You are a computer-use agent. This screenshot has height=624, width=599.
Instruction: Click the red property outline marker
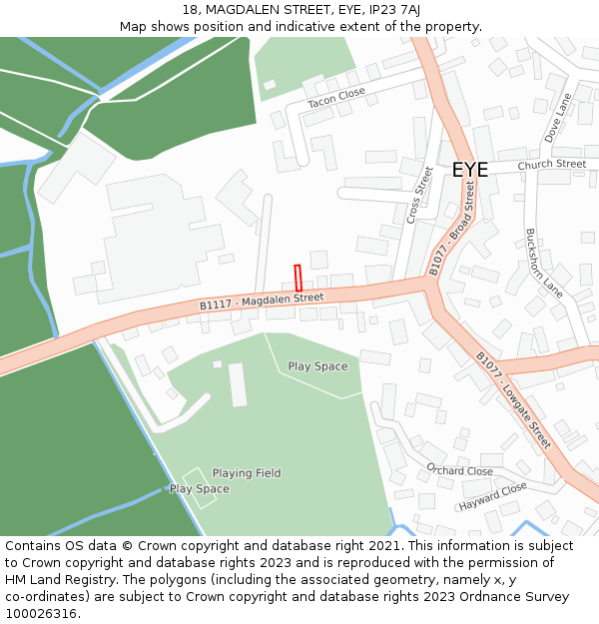298,278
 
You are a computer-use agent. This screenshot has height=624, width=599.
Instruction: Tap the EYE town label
470,170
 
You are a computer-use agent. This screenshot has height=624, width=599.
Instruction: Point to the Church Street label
552,164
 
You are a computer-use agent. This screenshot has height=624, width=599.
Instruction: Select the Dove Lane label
556,118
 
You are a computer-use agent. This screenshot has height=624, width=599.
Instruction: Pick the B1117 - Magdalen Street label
262,301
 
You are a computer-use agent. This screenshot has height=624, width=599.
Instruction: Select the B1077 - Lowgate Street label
512,399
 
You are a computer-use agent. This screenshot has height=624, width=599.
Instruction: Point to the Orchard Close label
459,469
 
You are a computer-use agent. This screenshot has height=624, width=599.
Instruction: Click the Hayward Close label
492,495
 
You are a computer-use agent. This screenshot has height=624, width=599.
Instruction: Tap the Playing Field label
247,473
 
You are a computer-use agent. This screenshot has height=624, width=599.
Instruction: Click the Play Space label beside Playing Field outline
199,489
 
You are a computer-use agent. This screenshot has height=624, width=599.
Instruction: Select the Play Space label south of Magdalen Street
317,366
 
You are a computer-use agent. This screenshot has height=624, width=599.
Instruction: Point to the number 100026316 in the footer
43,613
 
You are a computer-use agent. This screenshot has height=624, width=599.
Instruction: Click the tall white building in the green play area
238,384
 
